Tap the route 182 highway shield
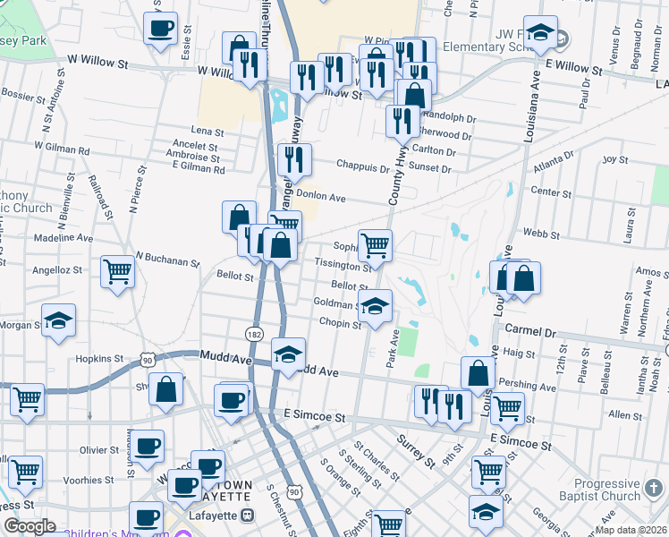tap(253, 334)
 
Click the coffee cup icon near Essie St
tap(161, 29)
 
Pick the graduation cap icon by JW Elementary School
tap(540, 35)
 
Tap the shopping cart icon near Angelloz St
tap(117, 272)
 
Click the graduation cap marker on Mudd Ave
tap(288, 355)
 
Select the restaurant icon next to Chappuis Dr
tap(295, 161)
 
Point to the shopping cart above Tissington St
tap(376, 245)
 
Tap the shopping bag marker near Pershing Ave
tap(478, 374)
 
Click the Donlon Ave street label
tap(320, 197)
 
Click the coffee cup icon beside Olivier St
tap(148, 445)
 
